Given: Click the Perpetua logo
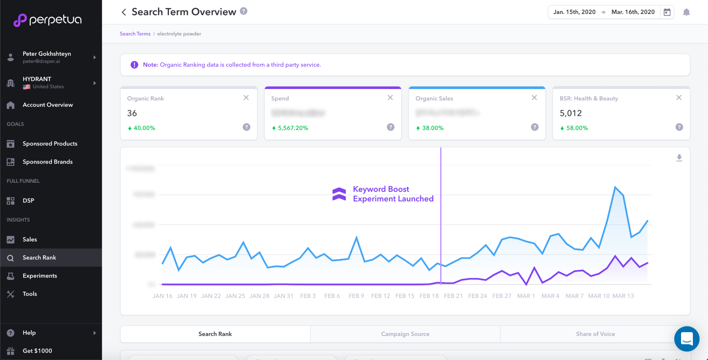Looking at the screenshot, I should point(48,20).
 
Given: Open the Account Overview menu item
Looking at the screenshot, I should point(48,105).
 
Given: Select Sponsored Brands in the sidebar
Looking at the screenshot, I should point(48,162).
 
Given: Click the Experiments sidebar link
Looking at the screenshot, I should point(39,276).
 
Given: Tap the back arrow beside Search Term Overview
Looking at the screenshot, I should point(124,12).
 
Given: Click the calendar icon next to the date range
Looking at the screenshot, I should point(667,12).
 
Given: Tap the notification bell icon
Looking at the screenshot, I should point(686,12).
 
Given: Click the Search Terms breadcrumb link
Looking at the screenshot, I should point(135,34).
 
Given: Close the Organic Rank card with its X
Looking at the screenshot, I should point(246,97).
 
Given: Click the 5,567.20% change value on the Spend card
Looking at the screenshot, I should point(293,128).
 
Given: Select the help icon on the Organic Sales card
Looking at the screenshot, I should point(535,127).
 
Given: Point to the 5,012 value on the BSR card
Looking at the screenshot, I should point(570,113).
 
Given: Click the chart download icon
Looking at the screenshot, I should point(679,158).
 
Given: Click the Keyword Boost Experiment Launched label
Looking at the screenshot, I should point(393,194).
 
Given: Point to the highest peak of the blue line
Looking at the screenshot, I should point(615,187).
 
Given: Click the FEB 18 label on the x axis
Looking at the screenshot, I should point(429,296).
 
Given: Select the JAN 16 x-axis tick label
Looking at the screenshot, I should point(162,296).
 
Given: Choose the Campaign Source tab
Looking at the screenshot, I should point(405,334).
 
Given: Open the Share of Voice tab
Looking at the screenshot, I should point(595,334).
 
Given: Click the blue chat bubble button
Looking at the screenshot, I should point(687,339).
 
